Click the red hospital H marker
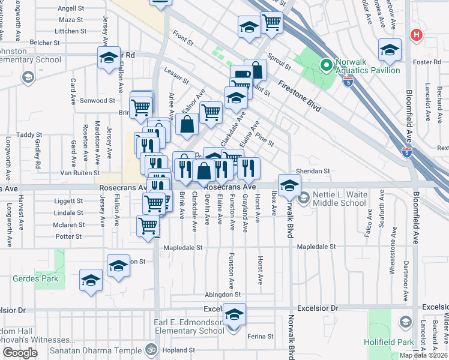(415, 35)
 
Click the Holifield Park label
(389, 342)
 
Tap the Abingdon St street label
(222, 295)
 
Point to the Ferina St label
(260, 337)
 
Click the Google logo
(20, 353)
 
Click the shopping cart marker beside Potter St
(148, 226)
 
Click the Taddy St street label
(29, 135)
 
